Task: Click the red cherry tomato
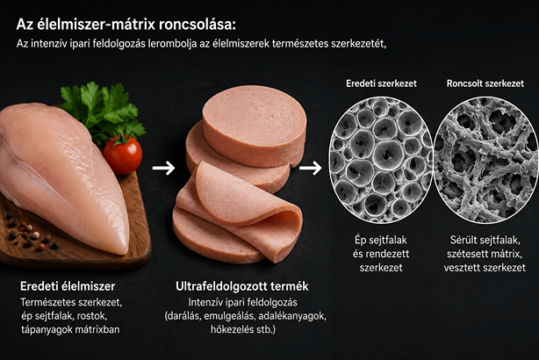123,155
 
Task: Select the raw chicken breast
61,175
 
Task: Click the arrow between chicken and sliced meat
163,168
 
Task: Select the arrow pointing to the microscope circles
311,168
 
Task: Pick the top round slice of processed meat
255,126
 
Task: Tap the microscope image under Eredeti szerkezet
381,160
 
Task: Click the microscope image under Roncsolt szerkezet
485,160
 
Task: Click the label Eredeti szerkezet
381,83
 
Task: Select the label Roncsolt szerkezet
485,83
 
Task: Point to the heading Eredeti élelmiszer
68,286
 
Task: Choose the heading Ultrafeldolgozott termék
242,286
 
